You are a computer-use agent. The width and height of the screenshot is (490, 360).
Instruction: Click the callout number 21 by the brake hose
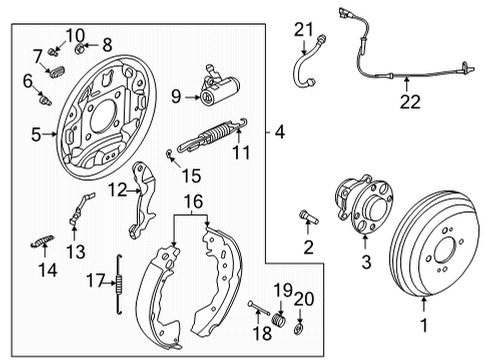pyautogui.click(x=303, y=29)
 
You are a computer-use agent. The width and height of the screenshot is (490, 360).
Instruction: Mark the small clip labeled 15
pyautogui.click(x=171, y=152)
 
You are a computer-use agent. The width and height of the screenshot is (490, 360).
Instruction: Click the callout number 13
pyautogui.click(x=74, y=251)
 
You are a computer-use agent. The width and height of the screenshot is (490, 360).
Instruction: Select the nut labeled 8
pyautogui.click(x=87, y=44)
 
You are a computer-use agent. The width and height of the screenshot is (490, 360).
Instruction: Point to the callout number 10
pyautogui.click(x=76, y=36)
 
